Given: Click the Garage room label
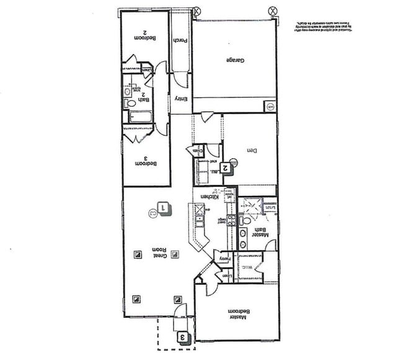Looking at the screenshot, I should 233,60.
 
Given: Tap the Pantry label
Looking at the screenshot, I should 223,258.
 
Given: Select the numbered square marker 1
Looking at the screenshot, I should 164,208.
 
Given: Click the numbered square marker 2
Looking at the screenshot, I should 227,166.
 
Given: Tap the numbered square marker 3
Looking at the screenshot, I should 183,337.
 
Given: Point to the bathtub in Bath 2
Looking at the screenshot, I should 141,117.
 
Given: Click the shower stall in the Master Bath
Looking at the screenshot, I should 251,204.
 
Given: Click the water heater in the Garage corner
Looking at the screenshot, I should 270,107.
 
